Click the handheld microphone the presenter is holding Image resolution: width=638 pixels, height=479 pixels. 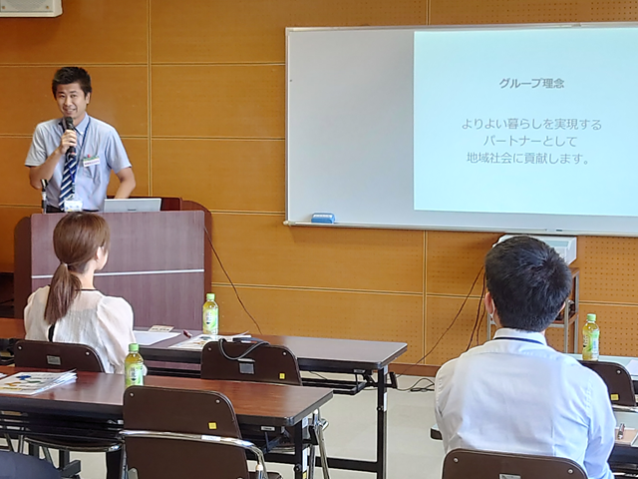pyautogui.click(x=70, y=135)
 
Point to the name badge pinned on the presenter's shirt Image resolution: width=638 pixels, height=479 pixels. pyautogui.click(x=91, y=161)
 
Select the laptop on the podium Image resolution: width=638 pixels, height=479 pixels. pyautogui.click(x=132, y=205)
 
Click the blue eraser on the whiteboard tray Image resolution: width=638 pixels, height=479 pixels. pyautogui.click(x=323, y=219)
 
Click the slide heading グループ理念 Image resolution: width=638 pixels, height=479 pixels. pyautogui.click(x=531, y=84)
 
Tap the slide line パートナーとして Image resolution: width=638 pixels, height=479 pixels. pyautogui.click(x=530, y=142)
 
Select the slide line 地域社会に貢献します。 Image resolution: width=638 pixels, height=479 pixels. pyautogui.click(x=527, y=159)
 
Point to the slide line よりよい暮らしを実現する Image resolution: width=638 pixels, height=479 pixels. pyautogui.click(x=531, y=124)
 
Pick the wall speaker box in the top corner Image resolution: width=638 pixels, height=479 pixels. pyautogui.click(x=31, y=8)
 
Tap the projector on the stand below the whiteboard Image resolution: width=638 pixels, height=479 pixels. pyautogui.click(x=538, y=246)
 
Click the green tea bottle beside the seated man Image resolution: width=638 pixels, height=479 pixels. pyautogui.click(x=590, y=337)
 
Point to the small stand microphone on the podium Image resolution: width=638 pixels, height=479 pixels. pyautogui.click(x=44, y=196)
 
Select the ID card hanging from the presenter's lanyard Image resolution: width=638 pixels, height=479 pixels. pyautogui.click(x=73, y=205)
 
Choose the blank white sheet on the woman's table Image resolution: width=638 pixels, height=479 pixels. pyautogui.click(x=156, y=337)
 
